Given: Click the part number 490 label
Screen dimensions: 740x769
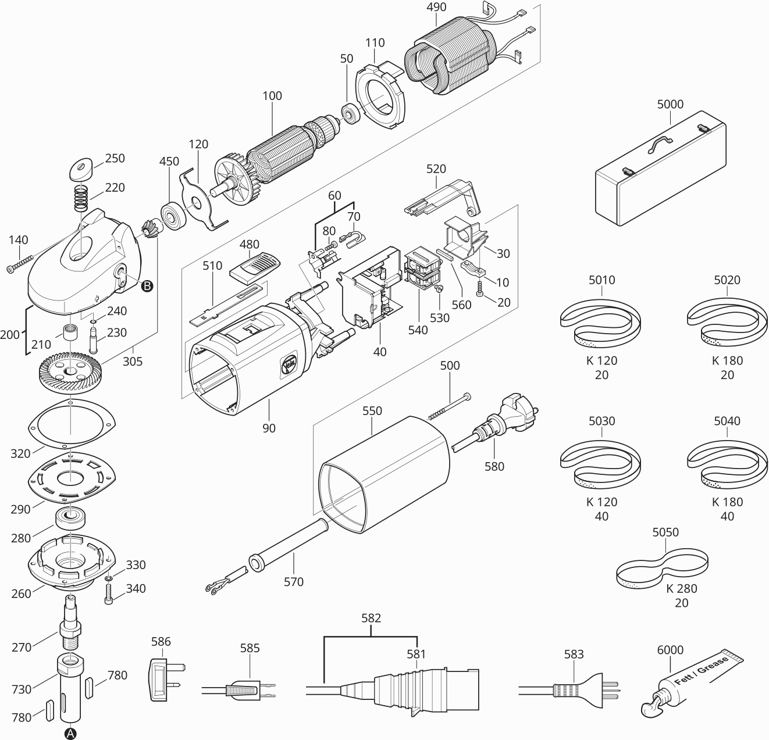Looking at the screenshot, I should coord(436,7).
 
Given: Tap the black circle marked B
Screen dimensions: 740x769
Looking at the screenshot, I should coord(147,285).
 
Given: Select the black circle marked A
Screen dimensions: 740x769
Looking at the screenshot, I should coord(70,733).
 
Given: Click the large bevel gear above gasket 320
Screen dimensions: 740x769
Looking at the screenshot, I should coord(70,373).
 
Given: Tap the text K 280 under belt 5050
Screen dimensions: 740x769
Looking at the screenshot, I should coord(681,588).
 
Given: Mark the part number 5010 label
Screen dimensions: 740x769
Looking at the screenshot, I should coord(601,280).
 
